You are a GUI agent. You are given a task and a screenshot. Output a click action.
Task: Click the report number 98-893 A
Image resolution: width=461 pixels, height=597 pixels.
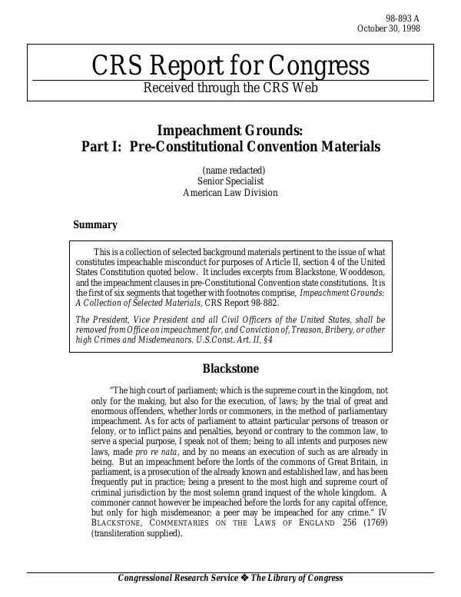click(x=403, y=18)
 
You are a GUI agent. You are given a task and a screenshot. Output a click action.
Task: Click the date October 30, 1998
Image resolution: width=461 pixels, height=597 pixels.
click(x=389, y=29)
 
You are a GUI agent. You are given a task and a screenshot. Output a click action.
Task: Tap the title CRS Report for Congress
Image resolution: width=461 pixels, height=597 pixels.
click(x=230, y=66)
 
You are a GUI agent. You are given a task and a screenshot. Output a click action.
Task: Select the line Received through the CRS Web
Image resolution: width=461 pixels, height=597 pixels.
click(x=230, y=88)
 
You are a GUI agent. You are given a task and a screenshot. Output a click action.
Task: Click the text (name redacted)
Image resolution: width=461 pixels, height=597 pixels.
click(x=234, y=170)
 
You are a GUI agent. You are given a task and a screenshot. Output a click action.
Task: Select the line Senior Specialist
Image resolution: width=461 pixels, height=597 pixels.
click(x=230, y=181)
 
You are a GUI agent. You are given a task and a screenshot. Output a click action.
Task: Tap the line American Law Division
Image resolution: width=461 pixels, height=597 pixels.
click(x=230, y=193)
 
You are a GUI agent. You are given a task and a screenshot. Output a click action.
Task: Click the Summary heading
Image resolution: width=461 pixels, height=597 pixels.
click(x=95, y=225)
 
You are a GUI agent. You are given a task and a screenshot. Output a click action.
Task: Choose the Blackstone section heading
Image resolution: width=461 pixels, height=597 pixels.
click(x=230, y=369)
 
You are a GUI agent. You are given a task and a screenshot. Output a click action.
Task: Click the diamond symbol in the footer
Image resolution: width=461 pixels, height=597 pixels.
click(x=248, y=579)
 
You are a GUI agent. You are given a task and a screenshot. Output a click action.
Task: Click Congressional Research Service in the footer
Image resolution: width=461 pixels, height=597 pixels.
click(x=179, y=579)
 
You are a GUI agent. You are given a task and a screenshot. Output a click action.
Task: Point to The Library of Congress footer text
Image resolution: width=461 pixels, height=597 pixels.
click(x=299, y=579)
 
